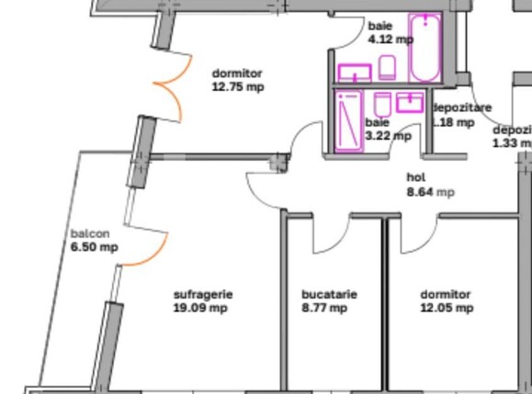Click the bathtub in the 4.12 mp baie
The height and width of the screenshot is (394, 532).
click(x=424, y=48)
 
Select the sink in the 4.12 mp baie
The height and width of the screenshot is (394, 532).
click(x=354, y=72)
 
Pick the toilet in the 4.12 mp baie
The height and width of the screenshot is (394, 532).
click(x=387, y=66)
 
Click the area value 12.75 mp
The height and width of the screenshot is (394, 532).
click(x=238, y=87)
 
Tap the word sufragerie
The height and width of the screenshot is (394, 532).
click(x=203, y=295)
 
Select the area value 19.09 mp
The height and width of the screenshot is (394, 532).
click(x=200, y=309)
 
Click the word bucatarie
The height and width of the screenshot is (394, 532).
click(x=329, y=295)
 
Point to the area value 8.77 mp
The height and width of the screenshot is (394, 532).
click(x=324, y=309)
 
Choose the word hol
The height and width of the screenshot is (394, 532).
click(x=415, y=178)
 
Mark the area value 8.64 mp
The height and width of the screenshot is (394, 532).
click(x=430, y=193)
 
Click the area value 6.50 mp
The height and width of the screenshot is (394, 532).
click(x=94, y=247)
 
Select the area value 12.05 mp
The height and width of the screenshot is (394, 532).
click(x=446, y=309)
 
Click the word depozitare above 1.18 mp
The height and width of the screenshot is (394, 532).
click(x=461, y=107)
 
